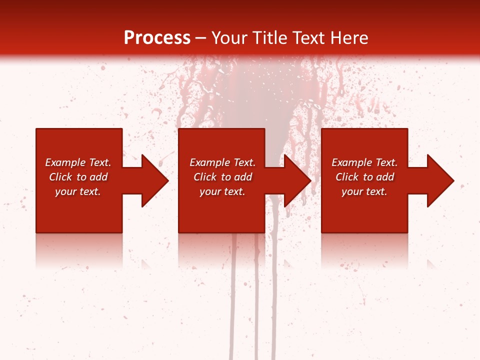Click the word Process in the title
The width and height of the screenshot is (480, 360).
pyautogui.click(x=157, y=38)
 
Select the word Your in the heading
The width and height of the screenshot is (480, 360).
pyautogui.click(x=229, y=38)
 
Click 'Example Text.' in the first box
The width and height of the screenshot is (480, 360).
pyautogui.click(x=78, y=162)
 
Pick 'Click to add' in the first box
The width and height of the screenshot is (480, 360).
pyautogui.click(x=78, y=177)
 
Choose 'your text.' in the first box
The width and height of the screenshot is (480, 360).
pyautogui.click(x=78, y=191)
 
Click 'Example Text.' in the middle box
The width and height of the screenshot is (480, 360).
pyautogui.click(x=222, y=162)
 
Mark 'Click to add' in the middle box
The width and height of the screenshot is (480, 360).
pyautogui.click(x=222, y=177)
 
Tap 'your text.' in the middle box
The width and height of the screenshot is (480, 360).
pyautogui.click(x=222, y=191)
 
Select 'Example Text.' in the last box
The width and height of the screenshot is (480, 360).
pyautogui.click(x=364, y=162)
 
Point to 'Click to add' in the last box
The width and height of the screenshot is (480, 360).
pyautogui.click(x=364, y=177)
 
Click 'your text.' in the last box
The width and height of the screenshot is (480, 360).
pyautogui.click(x=364, y=191)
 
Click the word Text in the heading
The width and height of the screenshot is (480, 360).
pyautogui.click(x=308, y=38)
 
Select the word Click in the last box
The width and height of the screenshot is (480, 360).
pyautogui.click(x=347, y=177)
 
